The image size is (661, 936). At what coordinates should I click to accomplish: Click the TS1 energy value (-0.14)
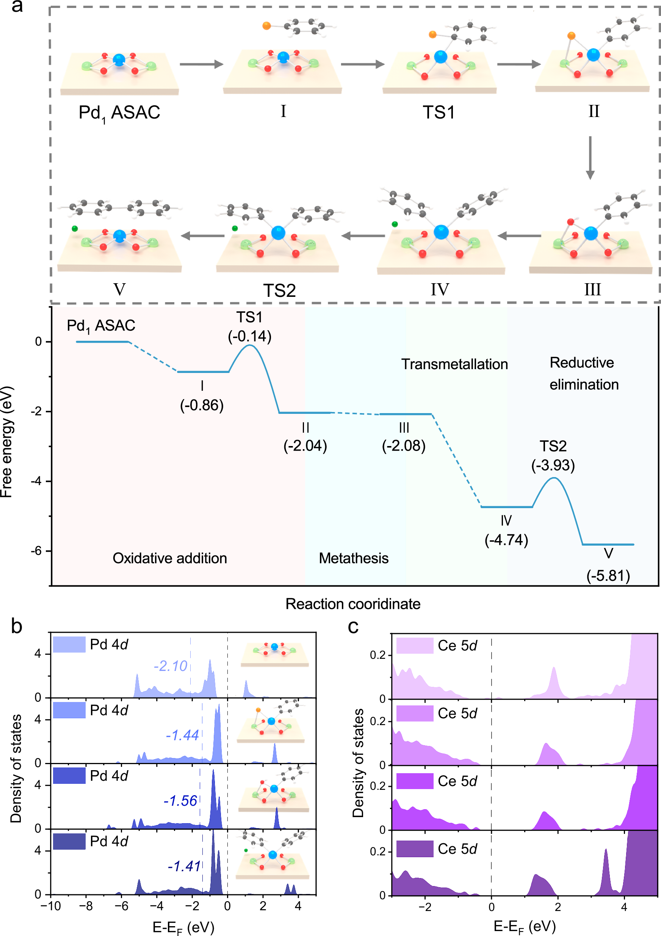[249, 337]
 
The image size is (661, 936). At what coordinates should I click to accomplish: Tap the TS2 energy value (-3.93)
[553, 465]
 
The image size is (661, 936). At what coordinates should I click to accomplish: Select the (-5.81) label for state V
[608, 576]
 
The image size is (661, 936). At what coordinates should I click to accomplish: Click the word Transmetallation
[454, 364]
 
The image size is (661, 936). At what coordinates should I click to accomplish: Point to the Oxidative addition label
[170, 558]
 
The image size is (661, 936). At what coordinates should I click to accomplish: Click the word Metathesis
[353, 558]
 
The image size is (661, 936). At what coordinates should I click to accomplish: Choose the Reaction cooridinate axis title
[352, 604]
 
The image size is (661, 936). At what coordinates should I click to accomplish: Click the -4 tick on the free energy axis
[38, 481]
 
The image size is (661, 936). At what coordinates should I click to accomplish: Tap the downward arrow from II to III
[590, 158]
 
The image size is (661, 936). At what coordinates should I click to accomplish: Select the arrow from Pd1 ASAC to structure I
[202, 64]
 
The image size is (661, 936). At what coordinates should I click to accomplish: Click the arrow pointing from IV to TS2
[363, 236]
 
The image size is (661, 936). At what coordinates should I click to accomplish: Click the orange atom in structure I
[266, 26]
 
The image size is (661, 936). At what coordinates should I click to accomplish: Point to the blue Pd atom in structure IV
[441, 232]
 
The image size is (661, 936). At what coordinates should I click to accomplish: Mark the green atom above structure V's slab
[75, 229]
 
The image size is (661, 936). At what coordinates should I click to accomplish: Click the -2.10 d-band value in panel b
[170, 666]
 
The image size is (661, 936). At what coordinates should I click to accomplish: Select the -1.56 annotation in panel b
[180, 801]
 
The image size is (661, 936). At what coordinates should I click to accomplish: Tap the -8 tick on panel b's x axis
[86, 906]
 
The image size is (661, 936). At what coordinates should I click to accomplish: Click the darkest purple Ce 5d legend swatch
[415, 849]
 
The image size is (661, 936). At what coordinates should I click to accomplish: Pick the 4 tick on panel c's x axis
[624, 907]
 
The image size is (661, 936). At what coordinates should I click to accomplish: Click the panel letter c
[353, 627]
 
